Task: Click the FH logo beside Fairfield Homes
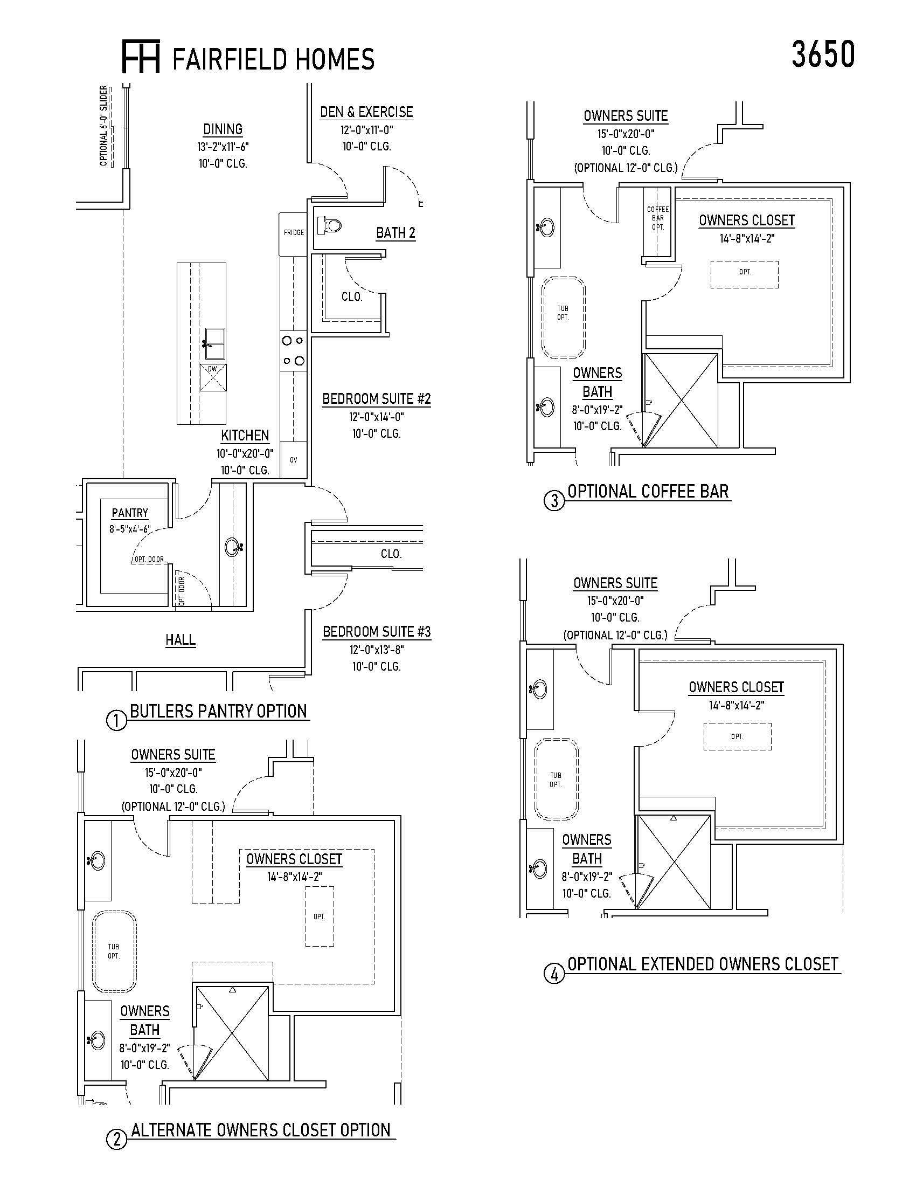pos(141,56)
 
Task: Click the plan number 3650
pos(823,55)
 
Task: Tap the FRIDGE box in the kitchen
pos(294,233)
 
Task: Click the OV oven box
pos(294,460)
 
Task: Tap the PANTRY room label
pos(130,513)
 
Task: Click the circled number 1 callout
pos(117,721)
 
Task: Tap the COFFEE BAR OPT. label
pos(658,218)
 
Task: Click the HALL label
pos(181,640)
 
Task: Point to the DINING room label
pos(223,129)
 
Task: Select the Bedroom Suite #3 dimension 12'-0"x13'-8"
pos(377,650)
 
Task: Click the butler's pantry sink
pos(232,546)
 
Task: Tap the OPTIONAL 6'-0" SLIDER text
pos(104,126)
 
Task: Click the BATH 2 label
pos(395,233)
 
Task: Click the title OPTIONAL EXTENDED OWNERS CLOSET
pos(703,964)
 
